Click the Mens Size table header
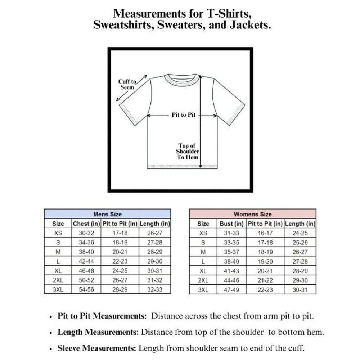coord(107,214)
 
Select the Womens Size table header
coord(253,214)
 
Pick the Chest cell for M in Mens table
coord(86,252)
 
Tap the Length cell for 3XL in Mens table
coord(155,289)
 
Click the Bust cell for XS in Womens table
coord(232,233)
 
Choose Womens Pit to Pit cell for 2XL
coord(265,280)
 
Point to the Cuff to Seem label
coord(127,84)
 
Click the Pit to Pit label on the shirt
coord(183,115)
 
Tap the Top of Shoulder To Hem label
coord(187,152)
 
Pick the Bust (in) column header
coord(232,224)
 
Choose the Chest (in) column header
coord(86,224)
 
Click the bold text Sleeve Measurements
coord(97,348)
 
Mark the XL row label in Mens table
coord(58,270)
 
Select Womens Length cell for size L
coord(300,261)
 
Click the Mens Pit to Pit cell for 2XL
coord(120,280)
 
